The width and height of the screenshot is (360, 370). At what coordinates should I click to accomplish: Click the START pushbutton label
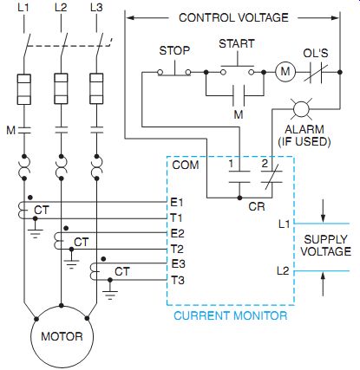tap(237, 43)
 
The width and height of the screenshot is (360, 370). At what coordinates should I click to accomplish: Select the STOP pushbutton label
tap(174, 50)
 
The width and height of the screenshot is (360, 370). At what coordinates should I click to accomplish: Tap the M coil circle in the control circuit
tap(285, 71)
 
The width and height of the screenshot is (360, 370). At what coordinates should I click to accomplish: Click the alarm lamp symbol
tap(301, 109)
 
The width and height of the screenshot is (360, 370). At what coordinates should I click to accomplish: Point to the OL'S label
tap(316, 53)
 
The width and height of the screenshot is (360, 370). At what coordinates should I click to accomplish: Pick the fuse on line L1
tap(24, 89)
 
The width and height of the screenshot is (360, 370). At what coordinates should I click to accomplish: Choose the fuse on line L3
tap(96, 88)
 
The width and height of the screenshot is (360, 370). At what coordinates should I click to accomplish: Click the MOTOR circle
tap(62, 336)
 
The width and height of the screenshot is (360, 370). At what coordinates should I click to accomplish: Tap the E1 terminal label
tap(177, 203)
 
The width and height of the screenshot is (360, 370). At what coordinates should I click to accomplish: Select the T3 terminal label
tap(177, 280)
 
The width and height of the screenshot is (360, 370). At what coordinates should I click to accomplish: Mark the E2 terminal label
tap(177, 233)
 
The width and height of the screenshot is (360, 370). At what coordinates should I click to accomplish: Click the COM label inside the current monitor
tap(186, 165)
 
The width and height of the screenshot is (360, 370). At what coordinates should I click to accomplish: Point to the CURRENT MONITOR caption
tap(231, 315)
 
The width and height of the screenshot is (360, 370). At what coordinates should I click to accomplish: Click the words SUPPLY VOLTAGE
tap(325, 245)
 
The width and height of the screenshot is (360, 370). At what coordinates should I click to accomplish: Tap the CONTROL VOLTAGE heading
tap(233, 17)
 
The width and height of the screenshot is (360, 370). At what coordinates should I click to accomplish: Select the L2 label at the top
tap(61, 8)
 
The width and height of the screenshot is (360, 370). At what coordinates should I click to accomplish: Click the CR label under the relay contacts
tap(257, 206)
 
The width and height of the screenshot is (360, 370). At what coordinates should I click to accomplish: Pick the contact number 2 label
tap(265, 164)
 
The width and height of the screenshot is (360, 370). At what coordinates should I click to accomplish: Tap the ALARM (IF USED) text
tap(304, 135)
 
